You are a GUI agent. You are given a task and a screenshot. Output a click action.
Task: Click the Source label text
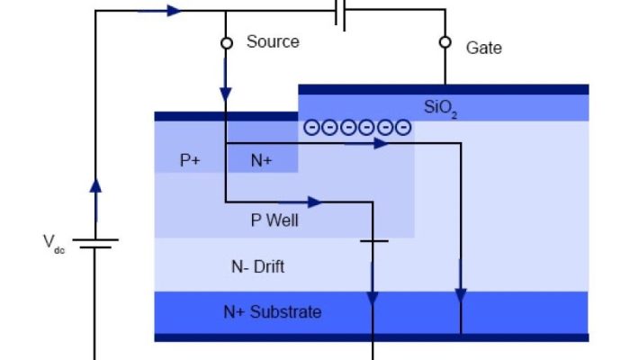coord(273,41)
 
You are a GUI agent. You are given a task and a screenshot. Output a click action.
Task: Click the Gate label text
coord(483,47)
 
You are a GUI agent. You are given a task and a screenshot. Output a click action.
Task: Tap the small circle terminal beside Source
coord(226,42)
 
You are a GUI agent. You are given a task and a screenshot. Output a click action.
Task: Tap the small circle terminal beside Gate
coord(444,42)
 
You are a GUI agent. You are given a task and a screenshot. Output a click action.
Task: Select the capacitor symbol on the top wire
coord(340,12)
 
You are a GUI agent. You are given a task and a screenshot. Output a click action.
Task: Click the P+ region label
coord(190,160)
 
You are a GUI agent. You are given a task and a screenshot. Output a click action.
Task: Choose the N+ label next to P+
coord(261,160)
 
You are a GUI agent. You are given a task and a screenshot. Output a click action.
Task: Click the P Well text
coord(274,220)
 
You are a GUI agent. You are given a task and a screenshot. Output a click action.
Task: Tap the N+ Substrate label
coord(272,312)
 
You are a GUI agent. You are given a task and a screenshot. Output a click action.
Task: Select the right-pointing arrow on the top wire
coord(171,11)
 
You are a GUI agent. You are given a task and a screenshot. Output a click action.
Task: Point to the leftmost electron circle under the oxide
coord(311,128)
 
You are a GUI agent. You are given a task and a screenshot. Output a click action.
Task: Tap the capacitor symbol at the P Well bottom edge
coord(373,240)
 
